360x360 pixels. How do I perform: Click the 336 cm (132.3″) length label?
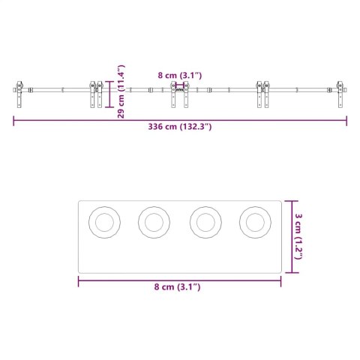click(x=179, y=127)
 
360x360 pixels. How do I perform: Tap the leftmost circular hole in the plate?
click(x=103, y=222)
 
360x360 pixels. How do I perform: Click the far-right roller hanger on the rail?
click(x=342, y=94)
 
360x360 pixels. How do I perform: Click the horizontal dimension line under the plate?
click(x=179, y=280)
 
